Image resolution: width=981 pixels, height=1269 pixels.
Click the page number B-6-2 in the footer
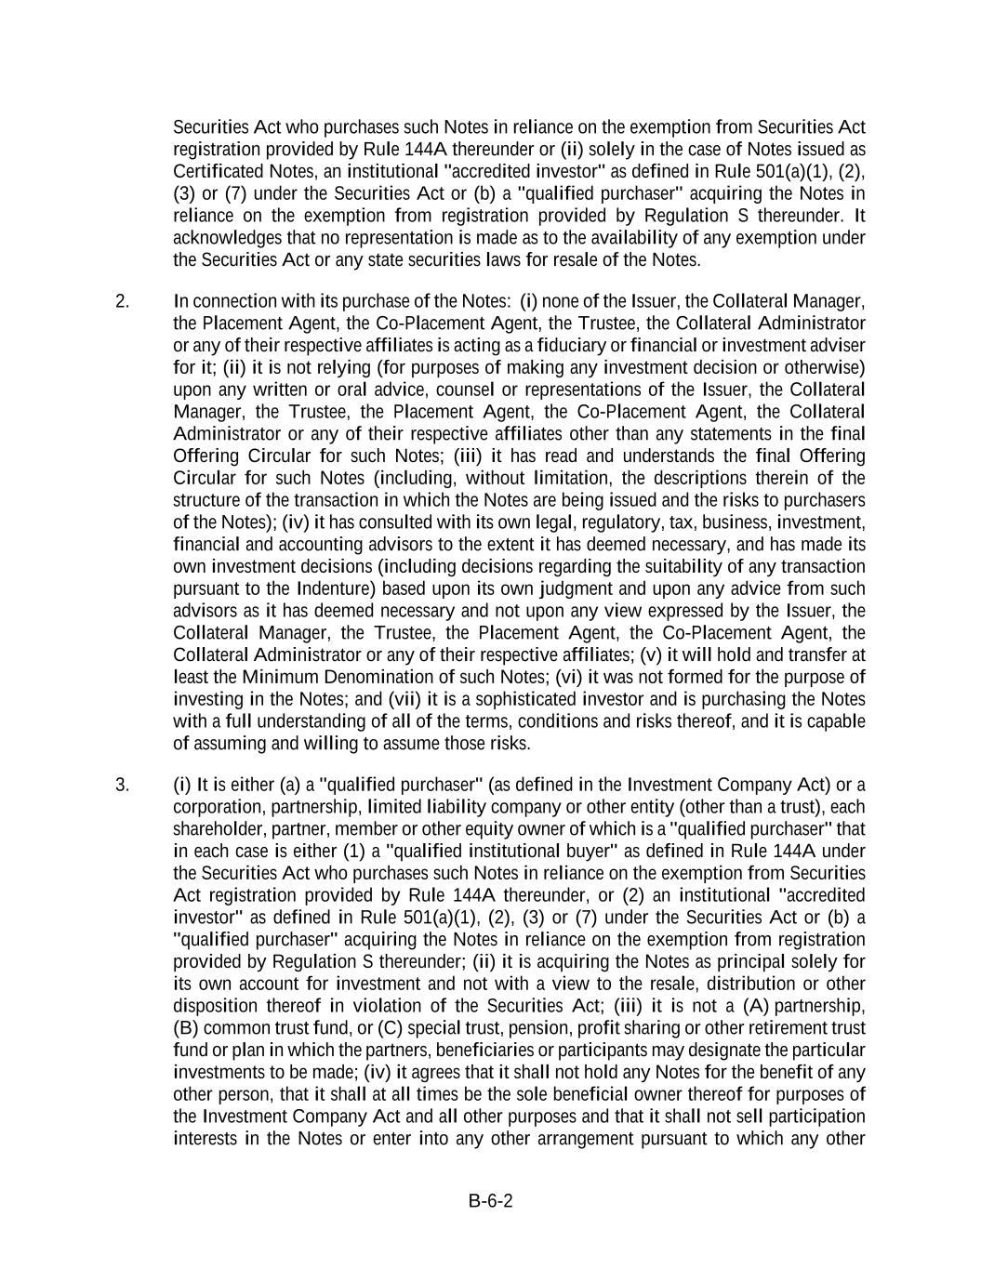pos(490,1200)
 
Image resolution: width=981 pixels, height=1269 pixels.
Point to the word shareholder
pos(218,829)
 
